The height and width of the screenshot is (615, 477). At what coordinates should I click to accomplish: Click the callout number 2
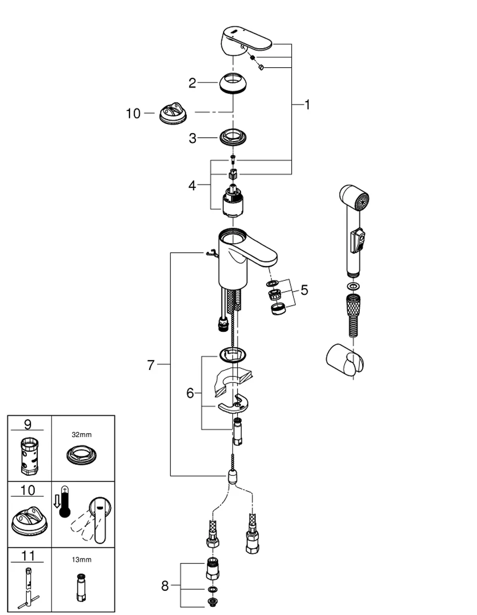pyautogui.click(x=192, y=83)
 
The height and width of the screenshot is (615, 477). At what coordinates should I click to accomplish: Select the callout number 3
pyautogui.click(x=193, y=138)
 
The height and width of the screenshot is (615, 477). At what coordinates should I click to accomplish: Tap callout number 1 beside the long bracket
pyautogui.click(x=307, y=105)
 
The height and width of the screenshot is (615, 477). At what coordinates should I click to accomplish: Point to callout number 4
pyautogui.click(x=192, y=185)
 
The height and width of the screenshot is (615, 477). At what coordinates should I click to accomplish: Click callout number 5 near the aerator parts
pyautogui.click(x=304, y=290)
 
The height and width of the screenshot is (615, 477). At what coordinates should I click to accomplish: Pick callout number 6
pyautogui.click(x=190, y=393)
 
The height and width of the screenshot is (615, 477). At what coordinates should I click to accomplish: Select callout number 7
pyautogui.click(x=151, y=365)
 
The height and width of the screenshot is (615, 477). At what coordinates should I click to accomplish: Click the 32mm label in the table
pyautogui.click(x=82, y=435)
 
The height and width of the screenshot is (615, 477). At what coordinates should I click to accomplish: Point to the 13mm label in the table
pyautogui.click(x=82, y=560)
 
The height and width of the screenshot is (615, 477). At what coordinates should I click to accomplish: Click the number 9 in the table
pyautogui.click(x=28, y=425)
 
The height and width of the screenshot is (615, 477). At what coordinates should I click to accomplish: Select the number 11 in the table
pyautogui.click(x=28, y=556)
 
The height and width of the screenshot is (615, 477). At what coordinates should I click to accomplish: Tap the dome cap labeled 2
pyautogui.click(x=233, y=82)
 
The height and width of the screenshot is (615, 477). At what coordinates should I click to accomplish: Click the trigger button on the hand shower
pyautogui.click(x=358, y=241)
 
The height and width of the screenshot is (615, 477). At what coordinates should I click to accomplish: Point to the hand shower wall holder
pyautogui.click(x=344, y=360)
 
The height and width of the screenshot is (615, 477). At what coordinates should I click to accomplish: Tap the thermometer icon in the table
pyautogui.click(x=64, y=502)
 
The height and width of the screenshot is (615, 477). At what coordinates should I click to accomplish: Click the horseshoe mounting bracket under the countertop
pyautogui.click(x=233, y=403)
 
